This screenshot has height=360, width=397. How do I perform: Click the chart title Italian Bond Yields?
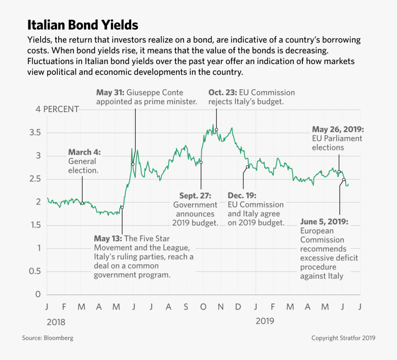click(x=83, y=24)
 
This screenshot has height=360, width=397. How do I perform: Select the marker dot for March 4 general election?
click(x=82, y=203)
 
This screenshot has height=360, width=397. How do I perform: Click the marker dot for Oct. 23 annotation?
click(x=216, y=130)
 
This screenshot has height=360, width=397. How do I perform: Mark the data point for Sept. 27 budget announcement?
click(x=201, y=162)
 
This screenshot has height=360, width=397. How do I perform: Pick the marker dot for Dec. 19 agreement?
click(x=247, y=167)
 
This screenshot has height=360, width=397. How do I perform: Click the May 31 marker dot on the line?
click(x=132, y=164)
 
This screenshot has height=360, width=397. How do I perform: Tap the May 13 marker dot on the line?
click(x=122, y=207)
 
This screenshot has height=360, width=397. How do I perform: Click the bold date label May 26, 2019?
click(x=338, y=129)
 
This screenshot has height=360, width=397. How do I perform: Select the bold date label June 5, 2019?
click(x=324, y=222)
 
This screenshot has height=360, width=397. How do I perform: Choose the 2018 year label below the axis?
click(x=56, y=322)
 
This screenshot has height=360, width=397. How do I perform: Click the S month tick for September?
click(x=186, y=307)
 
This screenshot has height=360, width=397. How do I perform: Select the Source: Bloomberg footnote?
click(x=48, y=338)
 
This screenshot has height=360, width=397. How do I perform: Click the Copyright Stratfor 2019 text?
click(x=343, y=338)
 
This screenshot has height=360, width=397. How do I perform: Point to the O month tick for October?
click(x=203, y=307)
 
